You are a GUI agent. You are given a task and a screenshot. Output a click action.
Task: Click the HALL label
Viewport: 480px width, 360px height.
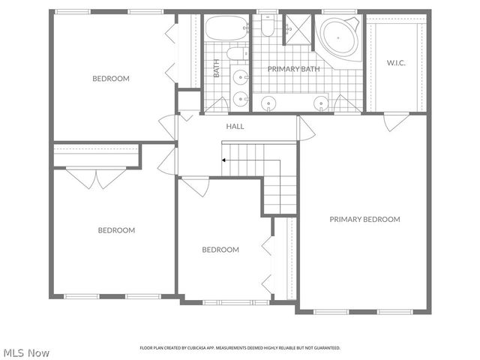tap(235, 126)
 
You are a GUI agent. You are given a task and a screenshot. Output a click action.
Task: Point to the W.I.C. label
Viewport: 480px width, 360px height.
tap(395, 62)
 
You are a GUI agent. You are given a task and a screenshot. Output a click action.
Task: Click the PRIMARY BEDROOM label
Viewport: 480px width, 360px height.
tap(364, 220)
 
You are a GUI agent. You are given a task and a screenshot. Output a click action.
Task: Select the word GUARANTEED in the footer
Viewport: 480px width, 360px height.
tap(323, 348)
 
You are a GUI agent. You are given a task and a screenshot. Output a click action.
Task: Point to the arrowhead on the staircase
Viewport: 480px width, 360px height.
tap(223, 160)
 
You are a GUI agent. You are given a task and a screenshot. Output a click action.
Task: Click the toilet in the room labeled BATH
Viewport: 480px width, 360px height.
tap(236, 53)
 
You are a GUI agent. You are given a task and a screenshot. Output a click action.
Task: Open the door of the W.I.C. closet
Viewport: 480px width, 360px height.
tap(396, 121)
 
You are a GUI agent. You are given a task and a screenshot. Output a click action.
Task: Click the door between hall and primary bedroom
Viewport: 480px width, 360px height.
tap(305, 128)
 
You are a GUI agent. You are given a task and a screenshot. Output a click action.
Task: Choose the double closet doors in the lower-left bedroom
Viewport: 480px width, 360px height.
tap(96, 178)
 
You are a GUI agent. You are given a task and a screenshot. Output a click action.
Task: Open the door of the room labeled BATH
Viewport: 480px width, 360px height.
tap(215, 105)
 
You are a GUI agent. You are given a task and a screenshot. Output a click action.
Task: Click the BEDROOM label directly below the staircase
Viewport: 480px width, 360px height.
tap(220, 250)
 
